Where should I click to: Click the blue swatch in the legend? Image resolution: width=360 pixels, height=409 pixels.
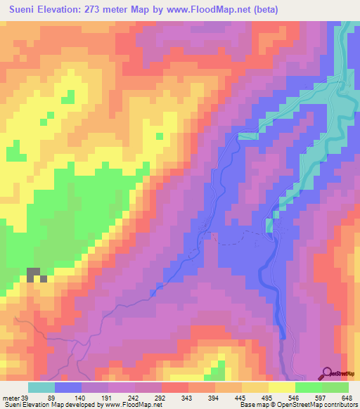point(68,387)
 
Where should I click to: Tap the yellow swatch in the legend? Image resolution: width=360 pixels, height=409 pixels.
point(281,387)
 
